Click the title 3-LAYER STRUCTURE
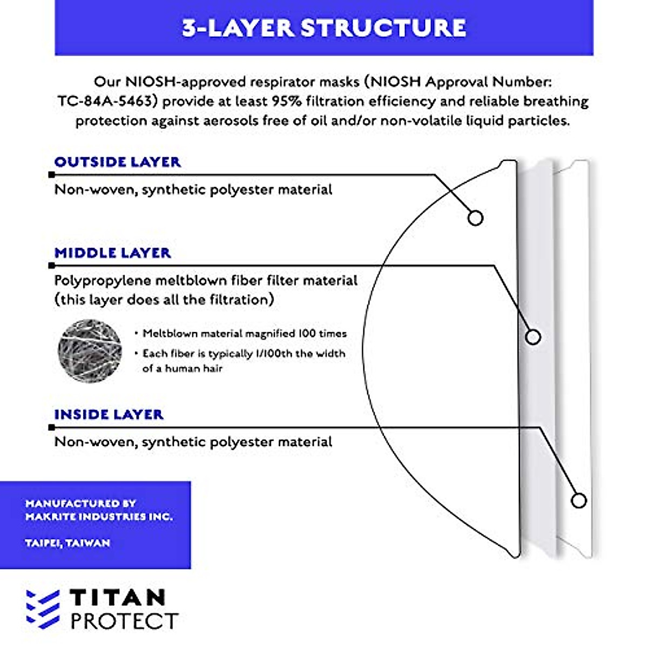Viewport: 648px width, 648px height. [x=324, y=28]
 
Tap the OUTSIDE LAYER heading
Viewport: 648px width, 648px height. [x=117, y=162]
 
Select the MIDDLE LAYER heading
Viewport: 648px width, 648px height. [x=112, y=253]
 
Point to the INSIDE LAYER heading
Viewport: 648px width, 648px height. [x=109, y=414]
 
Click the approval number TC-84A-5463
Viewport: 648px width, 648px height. [x=106, y=102]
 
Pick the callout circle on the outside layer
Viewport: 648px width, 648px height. [x=475, y=218]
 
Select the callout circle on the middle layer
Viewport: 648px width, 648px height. [x=533, y=337]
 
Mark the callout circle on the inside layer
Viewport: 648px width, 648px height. [x=578, y=501]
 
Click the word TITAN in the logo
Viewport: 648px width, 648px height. [x=118, y=598]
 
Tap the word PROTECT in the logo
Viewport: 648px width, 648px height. [x=124, y=621]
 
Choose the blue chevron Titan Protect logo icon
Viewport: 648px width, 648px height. [x=43, y=609]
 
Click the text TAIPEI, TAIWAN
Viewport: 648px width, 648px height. [x=67, y=543]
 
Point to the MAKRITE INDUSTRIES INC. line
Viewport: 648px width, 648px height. [x=99, y=517]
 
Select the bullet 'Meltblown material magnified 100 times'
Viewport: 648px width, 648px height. [x=244, y=334]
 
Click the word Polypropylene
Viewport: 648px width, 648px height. [x=103, y=281]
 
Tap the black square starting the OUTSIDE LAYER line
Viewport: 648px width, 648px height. [x=51, y=175]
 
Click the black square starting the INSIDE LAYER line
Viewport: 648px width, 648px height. [x=51, y=427]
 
